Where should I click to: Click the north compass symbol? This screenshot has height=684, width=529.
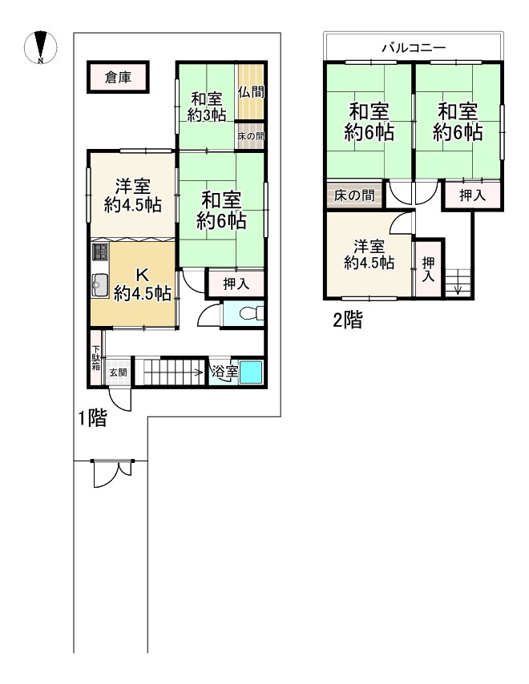(41, 47)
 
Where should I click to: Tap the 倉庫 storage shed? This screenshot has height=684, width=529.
(119, 77)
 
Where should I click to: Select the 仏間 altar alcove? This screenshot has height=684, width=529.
(251, 91)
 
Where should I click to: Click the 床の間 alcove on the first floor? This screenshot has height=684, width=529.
(251, 135)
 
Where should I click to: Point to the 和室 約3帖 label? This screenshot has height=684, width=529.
(207, 107)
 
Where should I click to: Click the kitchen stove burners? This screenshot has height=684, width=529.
(100, 252)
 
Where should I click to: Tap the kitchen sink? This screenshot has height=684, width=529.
(100, 285)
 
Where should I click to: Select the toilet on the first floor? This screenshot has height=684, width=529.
(252, 313)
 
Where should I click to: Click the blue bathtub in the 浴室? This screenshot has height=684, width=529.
(251, 372)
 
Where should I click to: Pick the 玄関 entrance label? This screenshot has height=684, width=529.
(118, 372)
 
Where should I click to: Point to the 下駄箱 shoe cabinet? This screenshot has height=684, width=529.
(96, 358)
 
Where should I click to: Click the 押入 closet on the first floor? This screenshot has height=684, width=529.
(236, 284)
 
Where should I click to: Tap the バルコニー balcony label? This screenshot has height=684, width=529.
(414, 47)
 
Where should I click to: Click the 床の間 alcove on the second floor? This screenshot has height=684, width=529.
(354, 195)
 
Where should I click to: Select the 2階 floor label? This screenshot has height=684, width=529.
(348, 320)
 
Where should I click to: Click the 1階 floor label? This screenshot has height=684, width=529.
(92, 419)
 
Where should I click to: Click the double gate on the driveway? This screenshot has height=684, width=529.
(112, 473)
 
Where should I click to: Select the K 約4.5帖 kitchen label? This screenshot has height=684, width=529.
(143, 284)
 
